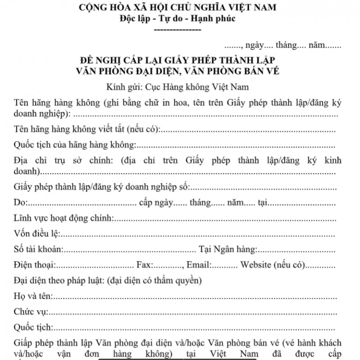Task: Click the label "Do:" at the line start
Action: click(x=22, y=203)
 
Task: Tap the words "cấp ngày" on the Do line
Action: click(x=156, y=203)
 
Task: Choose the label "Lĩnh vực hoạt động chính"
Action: click(x=64, y=218)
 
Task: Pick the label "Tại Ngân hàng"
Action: click(x=228, y=249)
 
